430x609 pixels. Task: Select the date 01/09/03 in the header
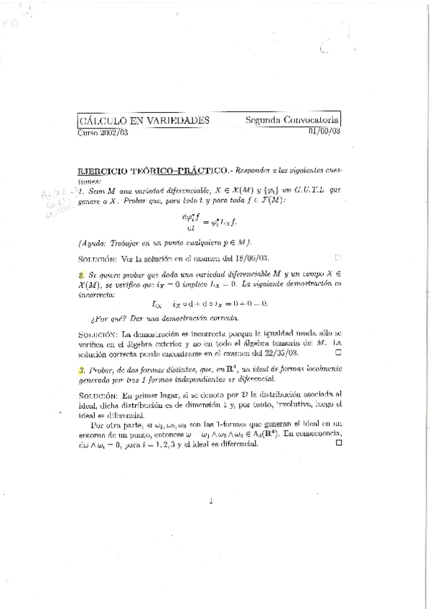coord(324,131)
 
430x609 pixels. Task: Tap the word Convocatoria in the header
coord(309,121)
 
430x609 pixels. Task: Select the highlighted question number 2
coord(82,275)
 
